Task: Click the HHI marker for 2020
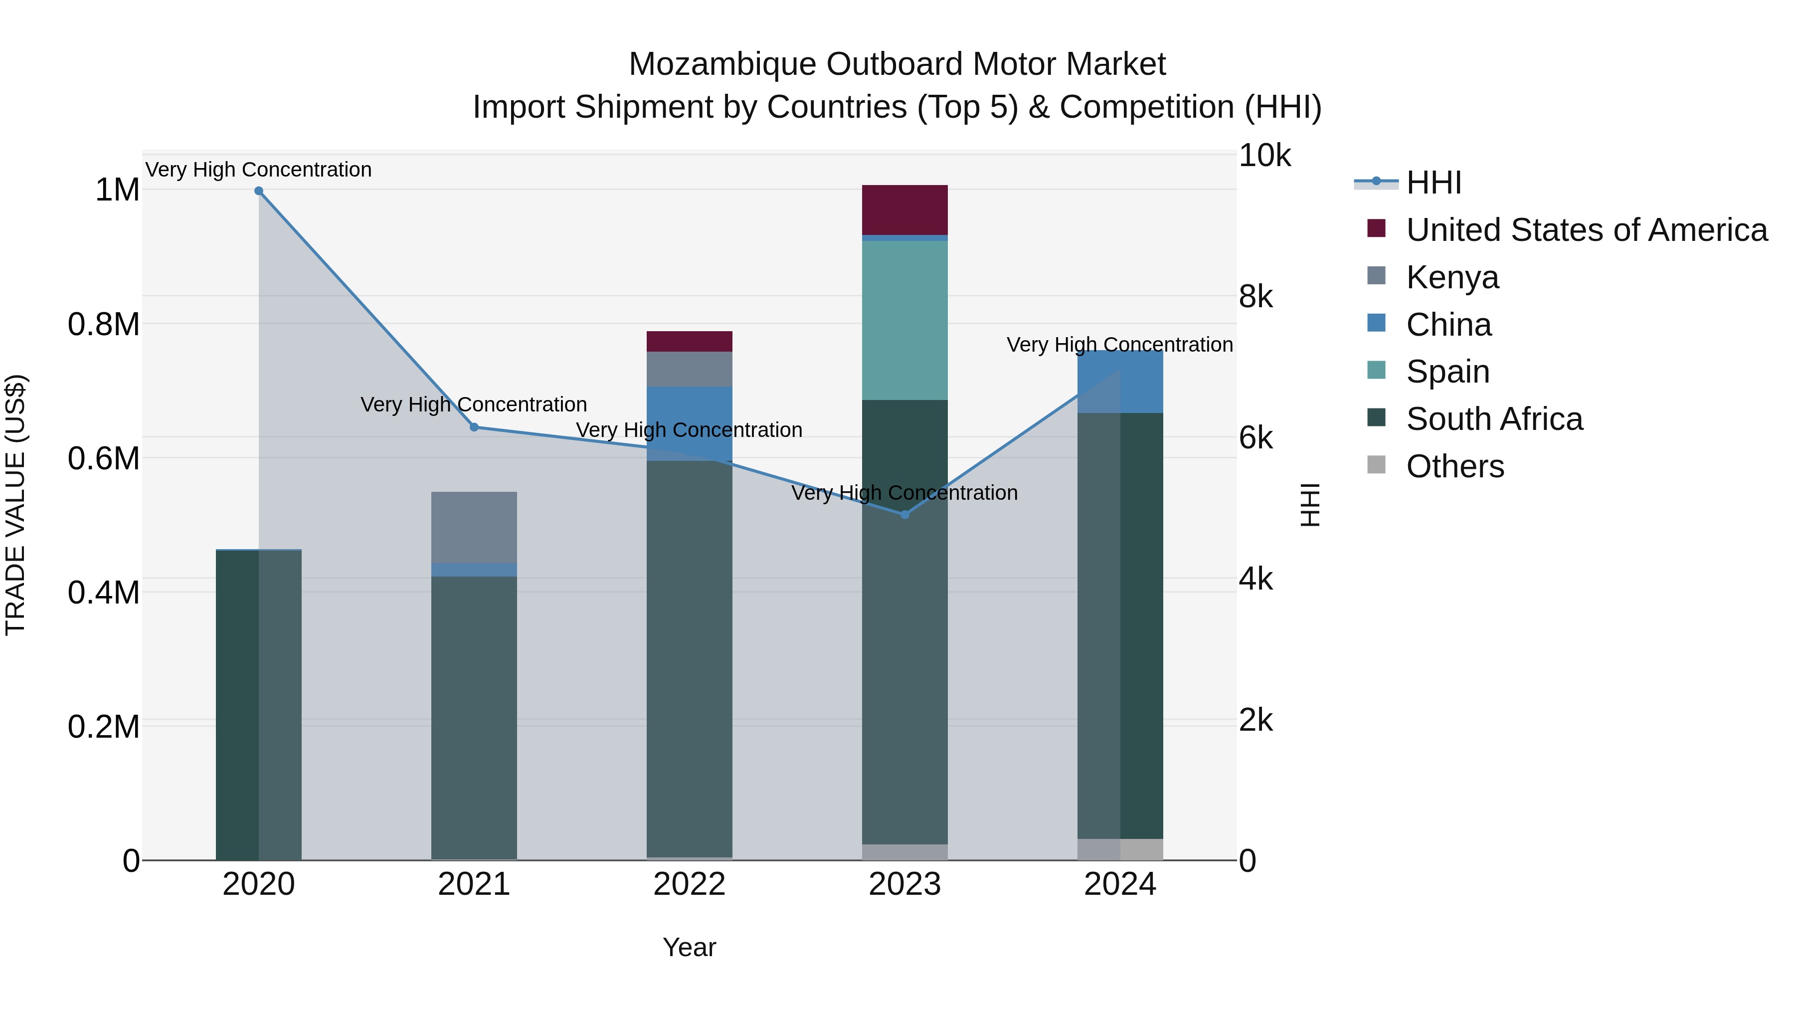258,191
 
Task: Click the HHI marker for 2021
474,427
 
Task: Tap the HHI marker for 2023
904,514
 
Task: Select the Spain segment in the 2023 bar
904,321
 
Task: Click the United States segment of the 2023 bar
904,210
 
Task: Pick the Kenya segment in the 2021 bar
474,528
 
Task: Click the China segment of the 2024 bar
1120,382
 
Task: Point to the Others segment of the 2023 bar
904,852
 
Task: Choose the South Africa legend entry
1493,419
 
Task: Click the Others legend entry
1454,466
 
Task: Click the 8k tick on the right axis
1256,297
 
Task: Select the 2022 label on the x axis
689,884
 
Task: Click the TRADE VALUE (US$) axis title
15,505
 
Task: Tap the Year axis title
689,947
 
